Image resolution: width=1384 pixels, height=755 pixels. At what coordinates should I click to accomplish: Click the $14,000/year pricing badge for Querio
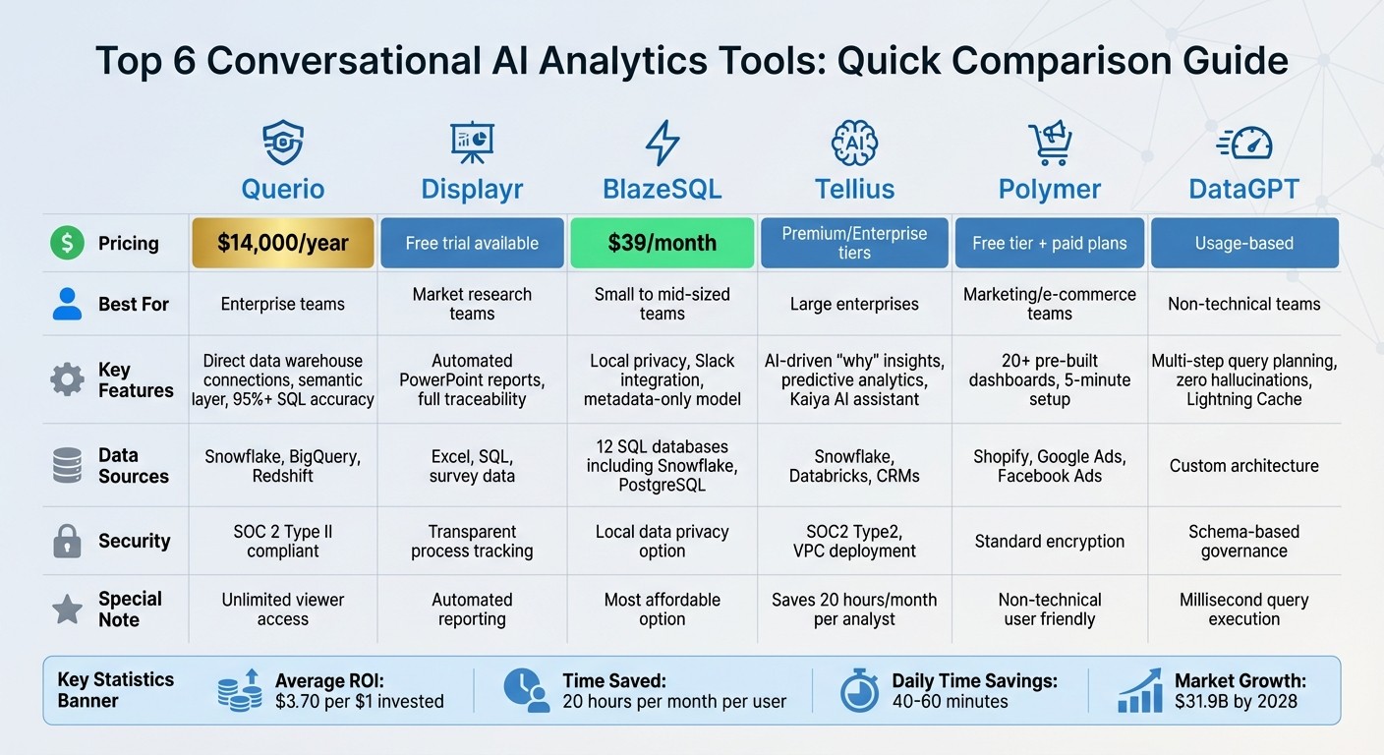tap(283, 243)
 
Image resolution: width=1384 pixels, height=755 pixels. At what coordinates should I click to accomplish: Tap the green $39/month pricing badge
tap(662, 243)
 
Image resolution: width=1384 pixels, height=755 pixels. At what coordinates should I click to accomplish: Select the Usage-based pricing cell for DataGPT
tap(1243, 243)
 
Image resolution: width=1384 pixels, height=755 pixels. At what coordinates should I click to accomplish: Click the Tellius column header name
tap(853, 188)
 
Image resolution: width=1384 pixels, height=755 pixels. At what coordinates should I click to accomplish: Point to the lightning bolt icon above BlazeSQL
tap(662, 143)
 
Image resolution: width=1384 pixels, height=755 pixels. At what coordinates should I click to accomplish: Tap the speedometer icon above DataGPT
tap(1243, 144)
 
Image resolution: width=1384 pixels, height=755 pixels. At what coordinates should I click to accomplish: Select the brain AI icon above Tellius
tap(853, 143)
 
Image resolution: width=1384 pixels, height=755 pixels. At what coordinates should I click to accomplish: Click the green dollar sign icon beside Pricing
tap(67, 243)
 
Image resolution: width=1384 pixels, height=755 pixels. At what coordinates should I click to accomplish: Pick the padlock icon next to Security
tap(67, 541)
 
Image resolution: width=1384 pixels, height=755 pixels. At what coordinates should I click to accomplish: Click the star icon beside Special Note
tap(67, 610)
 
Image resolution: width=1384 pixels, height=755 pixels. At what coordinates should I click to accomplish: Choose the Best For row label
tap(134, 304)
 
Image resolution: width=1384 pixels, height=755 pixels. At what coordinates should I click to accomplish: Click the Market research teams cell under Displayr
tap(472, 304)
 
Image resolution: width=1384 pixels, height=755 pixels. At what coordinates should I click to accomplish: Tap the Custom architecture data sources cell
tap(1243, 466)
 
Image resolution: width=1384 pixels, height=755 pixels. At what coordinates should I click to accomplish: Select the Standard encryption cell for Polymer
tap(1049, 541)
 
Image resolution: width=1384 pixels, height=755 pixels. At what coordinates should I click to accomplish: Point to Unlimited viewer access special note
tap(283, 610)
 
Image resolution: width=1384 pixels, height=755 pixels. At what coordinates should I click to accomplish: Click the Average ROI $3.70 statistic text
tap(359, 691)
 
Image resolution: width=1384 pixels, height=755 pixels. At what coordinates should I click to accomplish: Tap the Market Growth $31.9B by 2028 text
tap(1240, 691)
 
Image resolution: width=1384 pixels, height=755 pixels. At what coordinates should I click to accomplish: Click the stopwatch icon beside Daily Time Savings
tap(859, 691)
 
